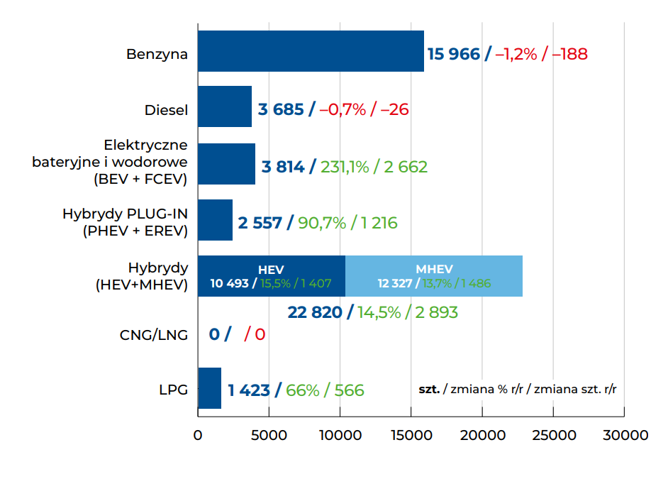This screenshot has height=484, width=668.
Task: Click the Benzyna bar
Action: pos(311,51)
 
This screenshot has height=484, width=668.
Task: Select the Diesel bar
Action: pos(224,106)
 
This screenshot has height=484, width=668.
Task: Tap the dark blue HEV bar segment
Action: pos(271,276)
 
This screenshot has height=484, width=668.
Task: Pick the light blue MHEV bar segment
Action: pos(434,276)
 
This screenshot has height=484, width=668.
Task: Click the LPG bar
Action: pos(209,388)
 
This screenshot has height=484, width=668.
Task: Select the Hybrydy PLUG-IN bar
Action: pos(215,220)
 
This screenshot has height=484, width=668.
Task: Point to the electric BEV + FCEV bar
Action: pos(226,164)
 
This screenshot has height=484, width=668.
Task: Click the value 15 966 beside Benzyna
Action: pos(454,54)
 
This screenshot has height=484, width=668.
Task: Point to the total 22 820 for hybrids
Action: pos(315,312)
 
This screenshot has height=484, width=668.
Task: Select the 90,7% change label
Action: pos(322,223)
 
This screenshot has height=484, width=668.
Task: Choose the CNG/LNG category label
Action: pos(154,334)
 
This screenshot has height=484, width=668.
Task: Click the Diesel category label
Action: pos(166,110)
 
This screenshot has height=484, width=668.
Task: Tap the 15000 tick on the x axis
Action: pos(411,435)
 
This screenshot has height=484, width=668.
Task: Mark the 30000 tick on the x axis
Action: pos(624,435)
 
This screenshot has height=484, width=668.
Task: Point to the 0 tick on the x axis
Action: pos(198,435)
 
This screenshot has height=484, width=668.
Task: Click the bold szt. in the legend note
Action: pos(429,389)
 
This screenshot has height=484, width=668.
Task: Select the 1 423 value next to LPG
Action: pos(249,390)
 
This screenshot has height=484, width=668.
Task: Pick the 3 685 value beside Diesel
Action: pos(281,110)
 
